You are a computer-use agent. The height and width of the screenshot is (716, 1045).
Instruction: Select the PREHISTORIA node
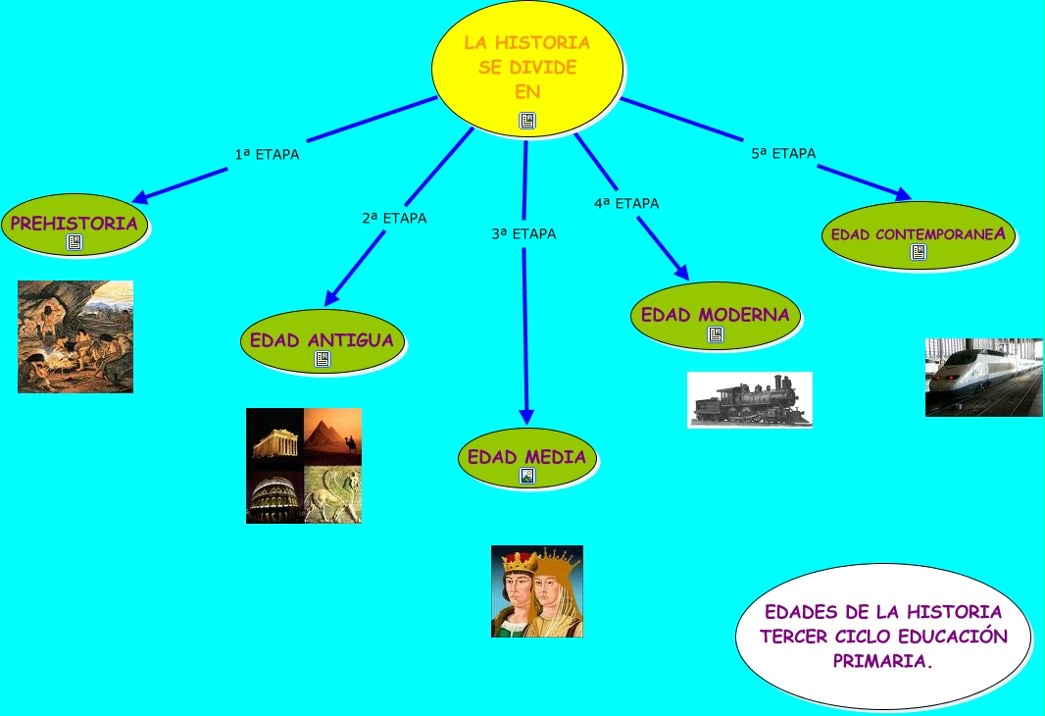click(75, 224)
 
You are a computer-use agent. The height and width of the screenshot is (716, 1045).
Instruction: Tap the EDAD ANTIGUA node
click(322, 340)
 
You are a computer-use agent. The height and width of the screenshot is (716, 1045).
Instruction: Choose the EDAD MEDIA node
click(526, 457)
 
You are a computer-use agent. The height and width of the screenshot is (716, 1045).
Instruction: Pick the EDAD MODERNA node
click(716, 315)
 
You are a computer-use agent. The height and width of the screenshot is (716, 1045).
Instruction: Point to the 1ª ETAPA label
click(267, 154)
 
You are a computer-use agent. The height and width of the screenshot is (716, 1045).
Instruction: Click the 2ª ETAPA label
click(394, 218)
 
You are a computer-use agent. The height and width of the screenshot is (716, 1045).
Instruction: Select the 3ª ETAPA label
click(523, 234)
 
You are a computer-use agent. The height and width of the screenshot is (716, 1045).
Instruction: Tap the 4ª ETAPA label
click(626, 203)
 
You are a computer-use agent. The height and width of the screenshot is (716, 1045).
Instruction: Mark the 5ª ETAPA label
click(783, 153)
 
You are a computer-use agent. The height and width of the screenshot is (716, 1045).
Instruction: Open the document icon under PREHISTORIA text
click(75, 242)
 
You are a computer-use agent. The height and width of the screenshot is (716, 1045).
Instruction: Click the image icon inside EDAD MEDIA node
click(527, 476)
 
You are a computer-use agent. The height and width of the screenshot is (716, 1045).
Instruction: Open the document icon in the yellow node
click(527, 121)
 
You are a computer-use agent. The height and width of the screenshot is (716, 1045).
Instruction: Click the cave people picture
click(75, 336)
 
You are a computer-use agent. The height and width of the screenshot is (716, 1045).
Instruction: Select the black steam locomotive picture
click(750, 400)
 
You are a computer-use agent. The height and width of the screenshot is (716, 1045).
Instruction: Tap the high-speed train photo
click(983, 378)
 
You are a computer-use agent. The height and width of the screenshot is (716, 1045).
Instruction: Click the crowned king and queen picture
click(537, 591)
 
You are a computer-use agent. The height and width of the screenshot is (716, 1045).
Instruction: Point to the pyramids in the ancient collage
click(333, 436)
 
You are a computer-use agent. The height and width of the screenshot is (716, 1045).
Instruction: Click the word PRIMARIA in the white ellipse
click(882, 661)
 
